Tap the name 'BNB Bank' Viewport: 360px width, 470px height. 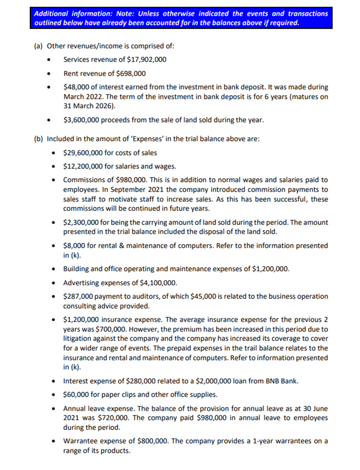point(282,381)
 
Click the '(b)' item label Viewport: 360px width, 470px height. point(38,139)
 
